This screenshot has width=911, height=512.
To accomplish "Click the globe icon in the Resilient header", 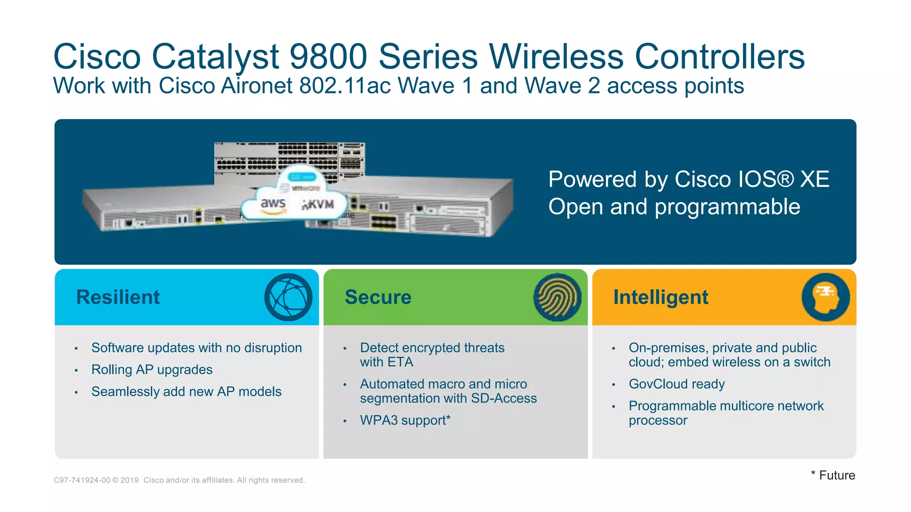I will [288, 297].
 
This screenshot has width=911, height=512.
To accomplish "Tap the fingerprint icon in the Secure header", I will [557, 297].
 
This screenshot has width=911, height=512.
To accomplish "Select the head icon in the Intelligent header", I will [826, 297].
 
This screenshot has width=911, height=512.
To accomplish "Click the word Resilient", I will [118, 297].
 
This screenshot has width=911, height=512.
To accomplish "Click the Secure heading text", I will [378, 297].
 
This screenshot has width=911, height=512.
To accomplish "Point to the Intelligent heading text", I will [661, 297].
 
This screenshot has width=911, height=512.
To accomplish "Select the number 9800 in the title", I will [328, 56].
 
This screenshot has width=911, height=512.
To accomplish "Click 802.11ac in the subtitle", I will [345, 86].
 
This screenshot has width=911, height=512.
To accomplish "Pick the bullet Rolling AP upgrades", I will [152, 369].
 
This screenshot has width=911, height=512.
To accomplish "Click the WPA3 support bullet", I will [405, 420].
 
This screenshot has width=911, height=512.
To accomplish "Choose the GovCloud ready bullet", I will [677, 384].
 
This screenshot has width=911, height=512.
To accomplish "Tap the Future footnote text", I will [836, 475].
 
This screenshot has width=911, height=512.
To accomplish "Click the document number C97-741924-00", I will [82, 480].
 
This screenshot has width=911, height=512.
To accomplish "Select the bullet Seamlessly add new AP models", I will [186, 392].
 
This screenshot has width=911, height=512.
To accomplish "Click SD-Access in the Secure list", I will [504, 398].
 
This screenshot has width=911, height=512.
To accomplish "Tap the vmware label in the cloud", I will [306, 188].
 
